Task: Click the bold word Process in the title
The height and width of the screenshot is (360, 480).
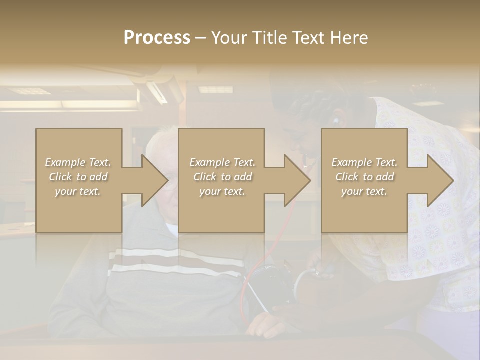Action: [x=157, y=38]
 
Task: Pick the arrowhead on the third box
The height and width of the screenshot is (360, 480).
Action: [x=439, y=180]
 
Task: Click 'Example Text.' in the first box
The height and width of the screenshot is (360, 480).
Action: [x=78, y=162]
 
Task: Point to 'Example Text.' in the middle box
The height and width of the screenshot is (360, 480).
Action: [x=222, y=162]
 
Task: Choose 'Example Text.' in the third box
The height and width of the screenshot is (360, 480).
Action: [x=364, y=162]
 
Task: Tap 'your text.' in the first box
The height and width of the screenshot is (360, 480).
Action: [x=78, y=191]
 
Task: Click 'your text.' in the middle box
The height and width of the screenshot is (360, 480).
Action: [x=222, y=191]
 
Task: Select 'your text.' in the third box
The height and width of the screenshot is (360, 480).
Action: [x=364, y=191]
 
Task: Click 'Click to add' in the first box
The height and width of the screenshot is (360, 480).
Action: [x=78, y=177]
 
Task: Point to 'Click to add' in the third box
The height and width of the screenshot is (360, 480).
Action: [x=364, y=177]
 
